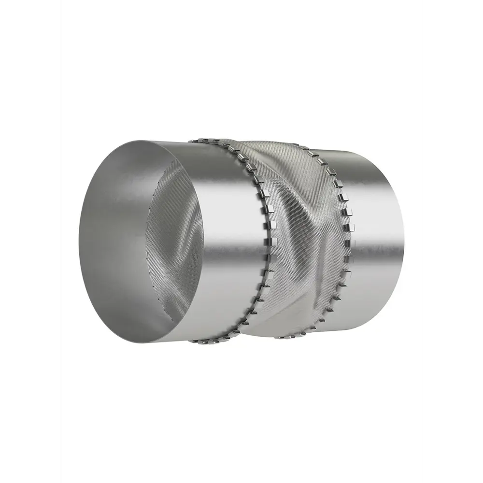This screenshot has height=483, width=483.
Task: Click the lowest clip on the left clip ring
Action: coord(196,341)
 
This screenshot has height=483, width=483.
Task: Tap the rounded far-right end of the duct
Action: coord(403,237)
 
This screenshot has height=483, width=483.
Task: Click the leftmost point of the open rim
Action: coord(79,241)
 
